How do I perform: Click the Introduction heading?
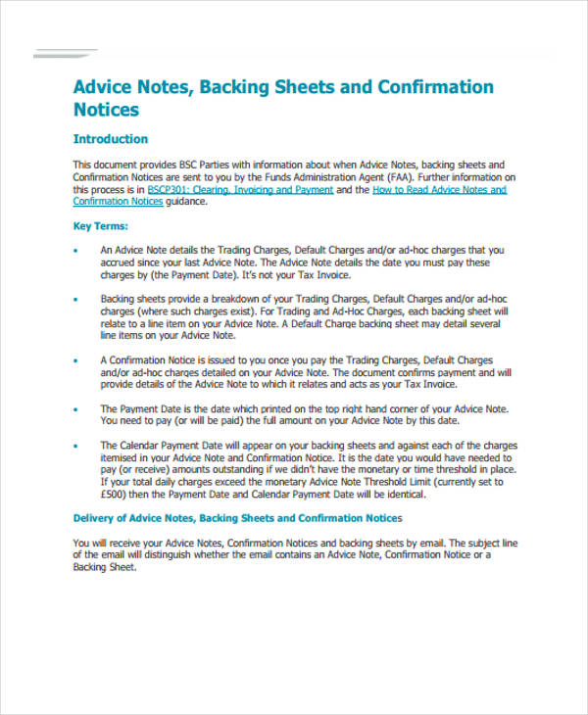tap(111, 139)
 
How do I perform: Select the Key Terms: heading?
tap(100, 226)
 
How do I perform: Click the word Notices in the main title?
tap(107, 110)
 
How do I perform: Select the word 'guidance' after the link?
tap(186, 202)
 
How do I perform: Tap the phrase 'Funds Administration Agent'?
tap(313, 177)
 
